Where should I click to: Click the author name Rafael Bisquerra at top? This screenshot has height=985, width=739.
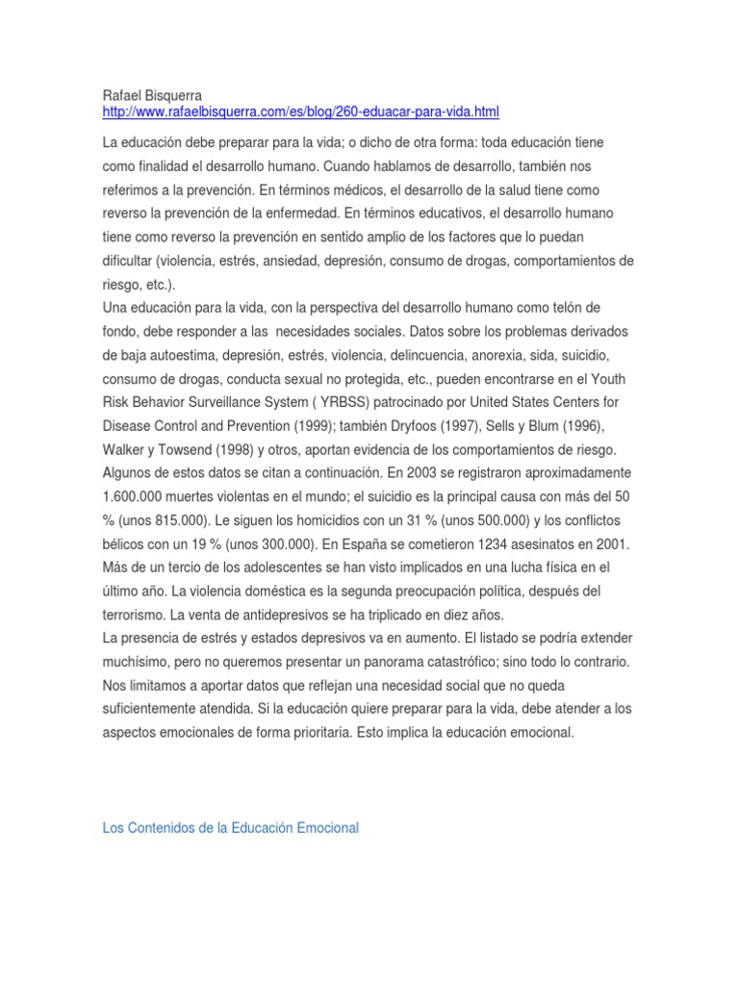coord(152,96)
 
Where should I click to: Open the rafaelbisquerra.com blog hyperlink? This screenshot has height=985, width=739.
coord(300,113)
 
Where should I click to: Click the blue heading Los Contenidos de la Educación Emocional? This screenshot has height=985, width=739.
coord(230,827)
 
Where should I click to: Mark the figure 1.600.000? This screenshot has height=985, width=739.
coord(145,496)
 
